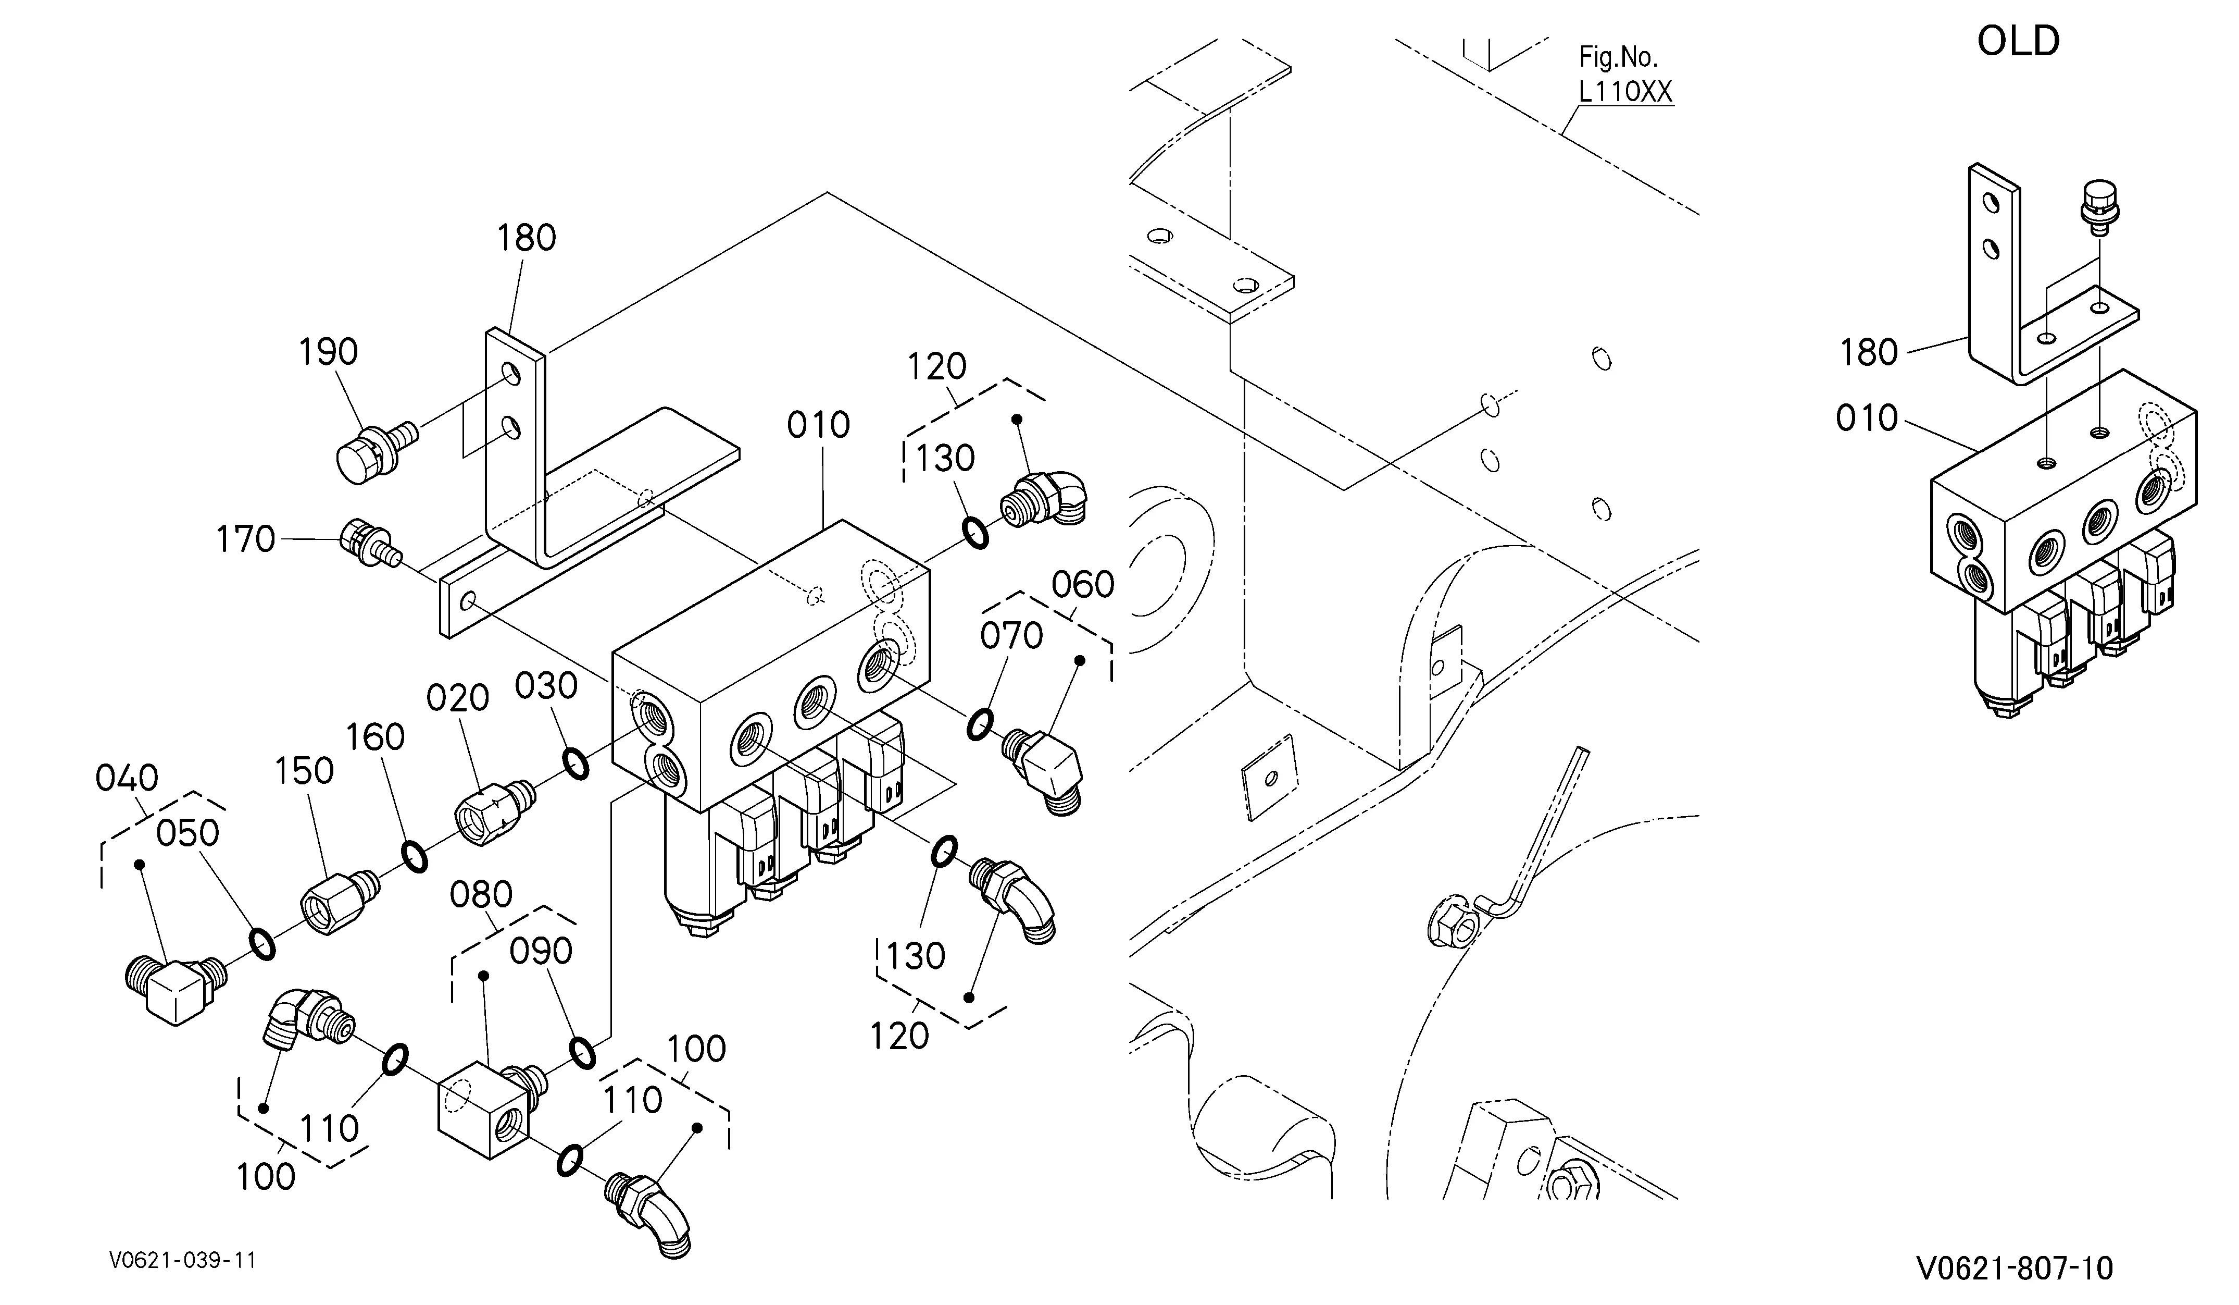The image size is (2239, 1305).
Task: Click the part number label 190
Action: coord(328,352)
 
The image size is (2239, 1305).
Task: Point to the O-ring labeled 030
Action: coord(575,764)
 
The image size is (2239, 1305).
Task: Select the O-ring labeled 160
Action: coord(414,856)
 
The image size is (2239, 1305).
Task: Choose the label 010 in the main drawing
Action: coord(818,425)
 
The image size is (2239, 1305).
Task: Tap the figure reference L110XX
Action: coord(1625,92)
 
